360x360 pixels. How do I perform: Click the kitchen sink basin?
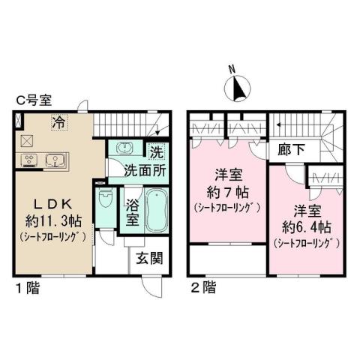pyautogui.click(x=55, y=160)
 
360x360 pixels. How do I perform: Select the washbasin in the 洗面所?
pyautogui.click(x=124, y=148)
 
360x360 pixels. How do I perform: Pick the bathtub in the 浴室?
pyautogui.click(x=156, y=210)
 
